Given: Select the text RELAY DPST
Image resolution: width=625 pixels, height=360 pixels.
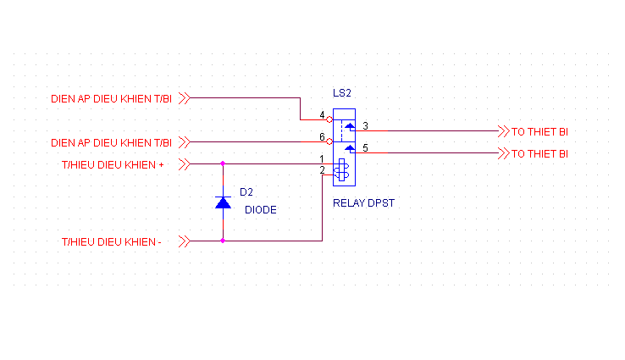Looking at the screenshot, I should coord(364,203).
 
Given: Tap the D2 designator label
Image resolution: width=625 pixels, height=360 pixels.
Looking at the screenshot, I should coord(246,191).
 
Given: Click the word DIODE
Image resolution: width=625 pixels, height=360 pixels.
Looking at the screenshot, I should coord(261,209).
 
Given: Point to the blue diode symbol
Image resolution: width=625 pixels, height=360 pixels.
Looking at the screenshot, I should coord(223,202).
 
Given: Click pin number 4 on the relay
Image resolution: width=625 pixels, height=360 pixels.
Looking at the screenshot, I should coord(322,115).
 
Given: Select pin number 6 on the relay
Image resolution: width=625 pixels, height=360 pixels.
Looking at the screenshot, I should coord(322,136).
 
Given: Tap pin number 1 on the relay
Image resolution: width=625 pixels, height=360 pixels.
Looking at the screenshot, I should coord(322,158).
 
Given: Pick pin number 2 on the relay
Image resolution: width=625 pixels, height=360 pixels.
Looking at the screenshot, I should coord(322,170).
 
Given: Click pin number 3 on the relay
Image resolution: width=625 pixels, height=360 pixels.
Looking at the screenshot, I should coord(365,126).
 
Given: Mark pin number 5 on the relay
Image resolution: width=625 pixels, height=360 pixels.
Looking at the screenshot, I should coord(365,148).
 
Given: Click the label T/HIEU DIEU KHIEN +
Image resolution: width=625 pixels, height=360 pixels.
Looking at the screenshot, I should coord(113,164).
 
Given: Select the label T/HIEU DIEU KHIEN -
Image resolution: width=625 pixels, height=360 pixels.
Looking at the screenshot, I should coord(112,241).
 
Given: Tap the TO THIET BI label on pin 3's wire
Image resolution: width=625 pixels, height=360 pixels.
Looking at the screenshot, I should coord(539,132).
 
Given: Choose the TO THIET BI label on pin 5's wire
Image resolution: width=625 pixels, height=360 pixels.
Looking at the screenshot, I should coord(539,154).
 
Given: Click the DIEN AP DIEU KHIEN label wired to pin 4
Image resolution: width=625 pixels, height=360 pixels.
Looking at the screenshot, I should coord(112,99).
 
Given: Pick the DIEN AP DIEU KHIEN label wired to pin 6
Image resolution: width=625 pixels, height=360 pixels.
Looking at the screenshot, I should coord(112,142).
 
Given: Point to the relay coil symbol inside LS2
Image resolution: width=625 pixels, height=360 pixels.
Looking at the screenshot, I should coord(341,171).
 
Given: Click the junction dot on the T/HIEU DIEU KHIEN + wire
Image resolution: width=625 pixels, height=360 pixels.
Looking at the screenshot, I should coord(223,163).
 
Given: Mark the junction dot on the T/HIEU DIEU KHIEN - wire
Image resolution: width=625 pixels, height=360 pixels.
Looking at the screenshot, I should coord(223,241).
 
